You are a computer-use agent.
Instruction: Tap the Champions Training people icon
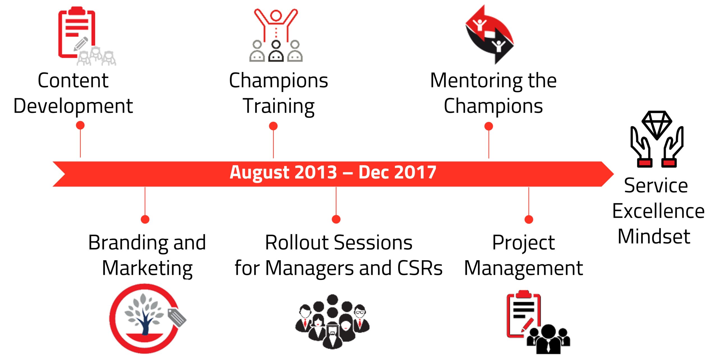pyautogui.click(x=276, y=35)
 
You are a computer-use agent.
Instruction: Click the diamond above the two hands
pyautogui.click(x=657, y=125)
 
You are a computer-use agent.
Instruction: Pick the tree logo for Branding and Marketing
pyautogui.click(x=148, y=319)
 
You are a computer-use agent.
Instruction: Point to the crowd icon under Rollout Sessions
pyautogui.click(x=332, y=322)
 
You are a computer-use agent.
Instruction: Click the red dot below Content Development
pyautogui.click(x=80, y=125)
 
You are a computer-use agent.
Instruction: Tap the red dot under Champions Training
pyautogui.click(x=273, y=126)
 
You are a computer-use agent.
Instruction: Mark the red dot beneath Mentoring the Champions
pyautogui.click(x=489, y=126)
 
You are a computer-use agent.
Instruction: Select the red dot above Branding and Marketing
pyautogui.click(x=145, y=219)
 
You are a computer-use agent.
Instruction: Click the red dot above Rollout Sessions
pyautogui.click(x=336, y=219)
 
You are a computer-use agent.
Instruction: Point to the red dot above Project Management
pyautogui.click(x=529, y=219)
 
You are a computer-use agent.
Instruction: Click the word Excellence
pyautogui.click(x=658, y=211)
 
